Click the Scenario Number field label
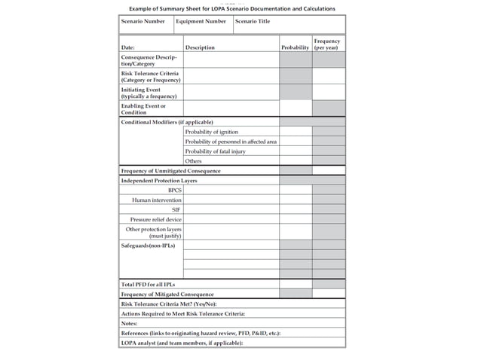point(143,21)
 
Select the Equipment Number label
point(201,21)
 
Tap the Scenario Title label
point(252,21)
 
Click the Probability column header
point(295,47)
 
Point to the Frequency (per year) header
point(327,44)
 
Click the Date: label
point(128,47)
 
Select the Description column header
point(200,47)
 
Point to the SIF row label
point(176,209)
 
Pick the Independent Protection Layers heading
point(159,180)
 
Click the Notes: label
point(130,322)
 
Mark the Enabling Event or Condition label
point(143,109)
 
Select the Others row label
point(193,161)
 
